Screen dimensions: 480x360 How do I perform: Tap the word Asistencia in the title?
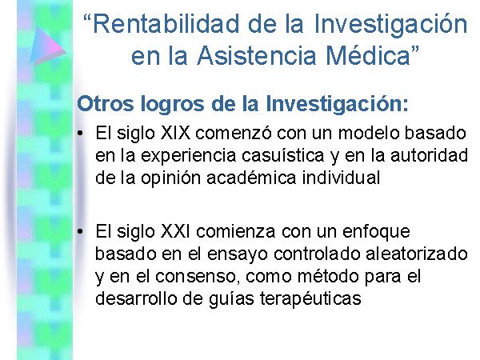(x=257, y=56)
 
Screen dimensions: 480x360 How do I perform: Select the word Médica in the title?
(x=368, y=55)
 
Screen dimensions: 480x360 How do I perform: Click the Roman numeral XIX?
(x=175, y=134)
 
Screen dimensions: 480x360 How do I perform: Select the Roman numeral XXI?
(x=175, y=231)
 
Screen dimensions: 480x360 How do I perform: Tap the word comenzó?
(x=234, y=134)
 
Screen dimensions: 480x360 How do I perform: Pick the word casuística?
(x=283, y=155)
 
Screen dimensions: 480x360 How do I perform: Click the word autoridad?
(x=429, y=155)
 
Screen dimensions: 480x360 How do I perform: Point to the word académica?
(x=252, y=178)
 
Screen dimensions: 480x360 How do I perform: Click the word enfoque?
(x=376, y=232)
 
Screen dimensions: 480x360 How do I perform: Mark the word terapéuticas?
(x=310, y=299)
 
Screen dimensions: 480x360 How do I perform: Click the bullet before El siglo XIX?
(x=80, y=134)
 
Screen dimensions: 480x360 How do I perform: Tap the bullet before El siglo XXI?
(x=80, y=232)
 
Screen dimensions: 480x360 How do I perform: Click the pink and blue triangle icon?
(x=47, y=46)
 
